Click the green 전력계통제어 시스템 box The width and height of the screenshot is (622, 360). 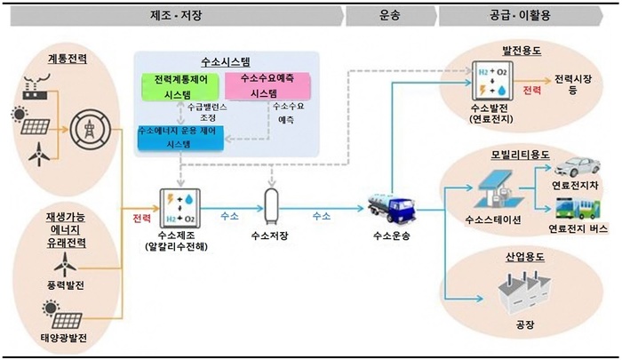180,86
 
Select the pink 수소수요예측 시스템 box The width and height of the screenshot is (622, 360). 267,85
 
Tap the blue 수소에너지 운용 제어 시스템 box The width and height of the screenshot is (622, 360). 180,138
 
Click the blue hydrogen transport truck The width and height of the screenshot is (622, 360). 392,208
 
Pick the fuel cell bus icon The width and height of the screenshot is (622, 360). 578,209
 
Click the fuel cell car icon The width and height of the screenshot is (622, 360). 577,167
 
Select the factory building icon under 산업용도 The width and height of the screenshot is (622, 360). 524,293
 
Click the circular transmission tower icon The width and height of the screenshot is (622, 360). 91,129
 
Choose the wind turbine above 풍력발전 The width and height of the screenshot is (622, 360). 65,265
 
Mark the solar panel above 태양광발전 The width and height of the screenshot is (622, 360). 63,316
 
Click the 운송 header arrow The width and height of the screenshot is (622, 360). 391,16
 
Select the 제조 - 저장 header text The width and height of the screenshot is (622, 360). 176,15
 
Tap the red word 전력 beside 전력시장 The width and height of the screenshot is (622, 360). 532,90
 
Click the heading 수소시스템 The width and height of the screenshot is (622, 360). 226,62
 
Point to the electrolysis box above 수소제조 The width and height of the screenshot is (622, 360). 179,208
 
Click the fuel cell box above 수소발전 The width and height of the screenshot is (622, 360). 492,81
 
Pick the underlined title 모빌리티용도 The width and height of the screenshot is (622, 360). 520,155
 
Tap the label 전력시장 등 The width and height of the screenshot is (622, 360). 573,84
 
